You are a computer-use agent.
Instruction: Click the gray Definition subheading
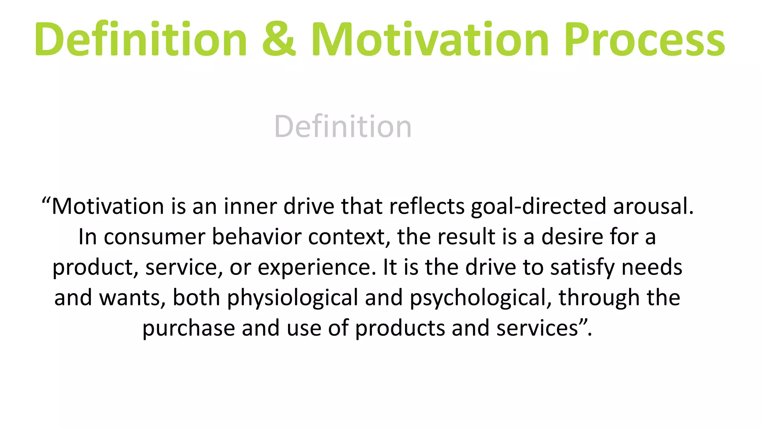pyautogui.click(x=343, y=127)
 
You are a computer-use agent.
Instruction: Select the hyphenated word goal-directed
pyautogui.click(x=538, y=207)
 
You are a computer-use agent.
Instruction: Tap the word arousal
pyautogui.click(x=653, y=206)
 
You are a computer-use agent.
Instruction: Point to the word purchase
pyautogui.click(x=189, y=329)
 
